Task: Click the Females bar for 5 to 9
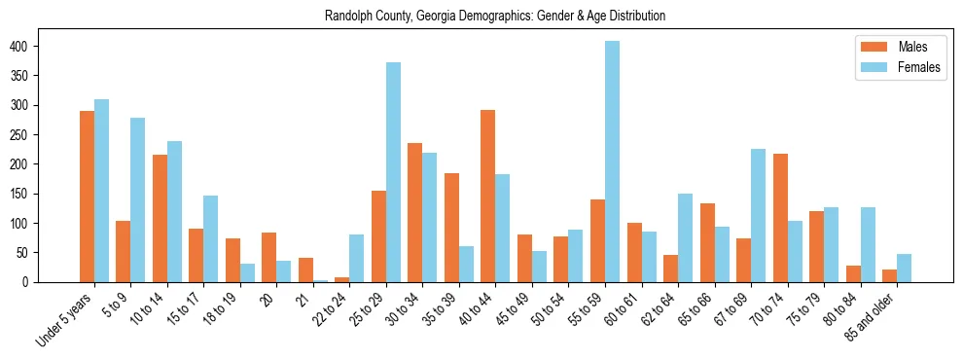pos(138,199)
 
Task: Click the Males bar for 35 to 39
pos(451,228)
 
